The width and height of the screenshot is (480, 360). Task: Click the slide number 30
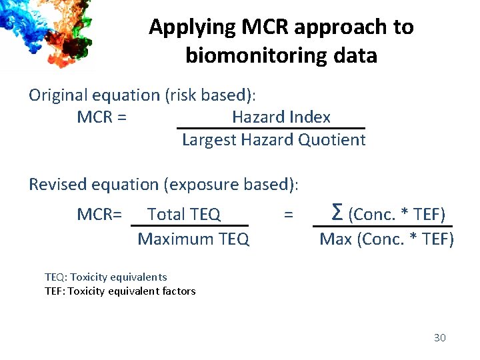[x=439, y=338]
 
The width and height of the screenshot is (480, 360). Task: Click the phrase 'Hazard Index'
[x=281, y=117]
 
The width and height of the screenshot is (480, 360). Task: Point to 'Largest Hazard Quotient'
[x=273, y=140]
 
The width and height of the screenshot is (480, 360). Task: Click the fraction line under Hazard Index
[x=271, y=128]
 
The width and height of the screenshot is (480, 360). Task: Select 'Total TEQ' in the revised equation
[x=183, y=215]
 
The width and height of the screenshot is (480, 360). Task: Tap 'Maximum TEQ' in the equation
[x=193, y=239]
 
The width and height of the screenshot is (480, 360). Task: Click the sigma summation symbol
[x=337, y=213]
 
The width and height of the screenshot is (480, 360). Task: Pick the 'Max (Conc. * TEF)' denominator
[x=387, y=239]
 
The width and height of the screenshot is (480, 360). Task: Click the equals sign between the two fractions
[x=288, y=215]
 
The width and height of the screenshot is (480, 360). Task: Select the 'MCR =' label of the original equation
[x=102, y=118]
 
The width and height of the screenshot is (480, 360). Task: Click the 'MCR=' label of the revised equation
[x=99, y=215]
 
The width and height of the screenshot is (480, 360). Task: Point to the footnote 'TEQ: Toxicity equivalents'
[x=105, y=277]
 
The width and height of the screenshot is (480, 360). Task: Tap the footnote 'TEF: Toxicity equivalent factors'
[x=120, y=291]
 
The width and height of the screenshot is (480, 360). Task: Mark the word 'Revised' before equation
[x=56, y=184]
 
